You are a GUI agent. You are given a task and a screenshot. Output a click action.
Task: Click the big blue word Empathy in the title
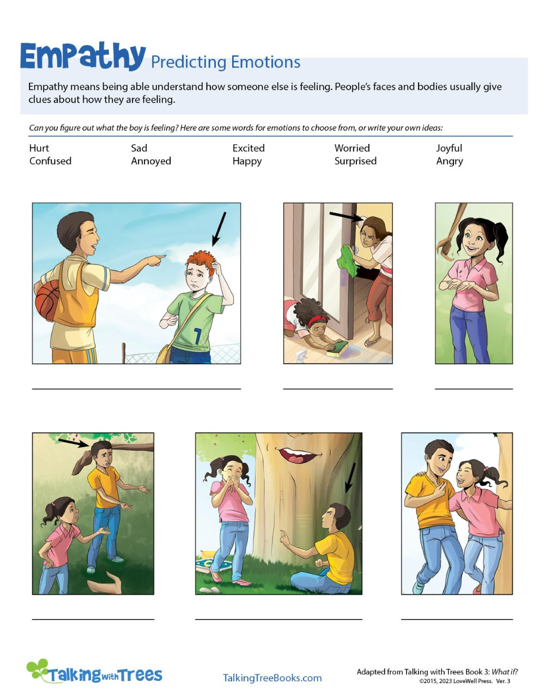pos(83,56)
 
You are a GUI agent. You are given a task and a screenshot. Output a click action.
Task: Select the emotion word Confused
pos(50,161)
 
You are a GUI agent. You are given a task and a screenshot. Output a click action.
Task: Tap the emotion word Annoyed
pos(151,161)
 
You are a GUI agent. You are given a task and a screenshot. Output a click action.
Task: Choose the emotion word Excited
pos(249,148)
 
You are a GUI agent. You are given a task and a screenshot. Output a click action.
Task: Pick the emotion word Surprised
pos(355,161)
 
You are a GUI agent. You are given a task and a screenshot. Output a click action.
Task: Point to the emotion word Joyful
pos(449,148)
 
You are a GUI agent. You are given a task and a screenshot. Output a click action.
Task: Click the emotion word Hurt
pos(39,148)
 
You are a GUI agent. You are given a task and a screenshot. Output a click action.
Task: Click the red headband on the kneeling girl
pos(317,320)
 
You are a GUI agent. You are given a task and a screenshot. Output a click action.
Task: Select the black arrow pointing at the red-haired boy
pos(219,228)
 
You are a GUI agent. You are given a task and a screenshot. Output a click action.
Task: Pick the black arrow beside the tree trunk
pos(350,478)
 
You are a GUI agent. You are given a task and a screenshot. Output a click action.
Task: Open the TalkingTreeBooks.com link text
pos(272,678)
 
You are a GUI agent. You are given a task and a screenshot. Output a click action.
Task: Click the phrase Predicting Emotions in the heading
pos(225,62)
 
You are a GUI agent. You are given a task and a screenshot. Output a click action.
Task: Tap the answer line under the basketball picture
pos(136,388)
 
